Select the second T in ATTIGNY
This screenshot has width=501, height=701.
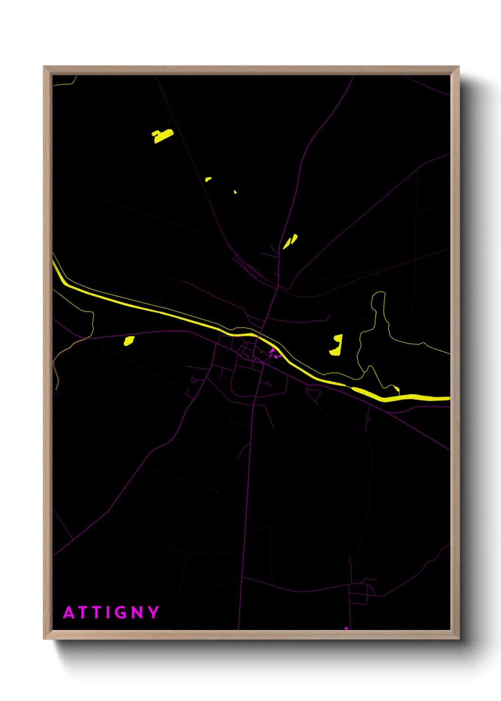tap(97, 612)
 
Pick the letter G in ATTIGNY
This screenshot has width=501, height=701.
tap(122, 612)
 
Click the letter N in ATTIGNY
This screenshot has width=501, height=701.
tap(137, 612)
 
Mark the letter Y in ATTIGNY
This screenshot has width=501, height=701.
tap(153, 612)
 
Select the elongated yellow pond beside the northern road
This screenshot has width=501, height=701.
tap(290, 242)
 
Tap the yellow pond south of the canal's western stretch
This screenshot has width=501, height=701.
tap(129, 341)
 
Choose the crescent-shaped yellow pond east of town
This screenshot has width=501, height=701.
tap(337, 345)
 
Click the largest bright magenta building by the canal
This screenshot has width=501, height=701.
tap(272, 351)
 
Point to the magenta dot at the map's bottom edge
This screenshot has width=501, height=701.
tap(346, 628)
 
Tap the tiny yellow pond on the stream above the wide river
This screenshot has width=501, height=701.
tap(397, 390)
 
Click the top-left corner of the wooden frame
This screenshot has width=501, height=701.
tap(44, 67)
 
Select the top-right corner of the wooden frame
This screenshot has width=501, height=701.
tap(458, 67)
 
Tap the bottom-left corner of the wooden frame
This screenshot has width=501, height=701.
tap(44, 638)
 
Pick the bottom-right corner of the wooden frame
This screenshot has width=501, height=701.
tap(458, 638)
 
